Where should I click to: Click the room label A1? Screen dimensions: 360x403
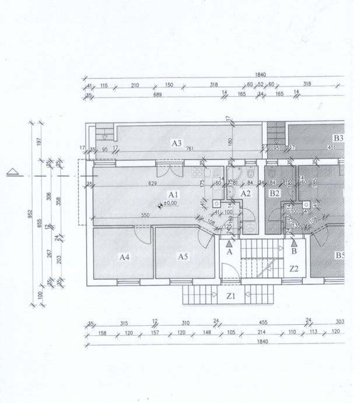coord(173,194)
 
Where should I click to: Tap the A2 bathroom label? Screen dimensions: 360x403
coord(246,193)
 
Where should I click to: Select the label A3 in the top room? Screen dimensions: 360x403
coord(177,143)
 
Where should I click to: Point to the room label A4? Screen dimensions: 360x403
coord(124,256)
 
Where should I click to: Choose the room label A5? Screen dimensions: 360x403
coord(183,256)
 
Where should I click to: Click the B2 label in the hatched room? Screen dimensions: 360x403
coord(274,193)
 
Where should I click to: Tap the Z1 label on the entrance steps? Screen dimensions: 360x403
coord(230,296)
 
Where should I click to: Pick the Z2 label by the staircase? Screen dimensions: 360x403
coord(294,269)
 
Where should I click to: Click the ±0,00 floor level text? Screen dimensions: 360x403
coord(171,204)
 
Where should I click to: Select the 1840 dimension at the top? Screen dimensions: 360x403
coord(261,75)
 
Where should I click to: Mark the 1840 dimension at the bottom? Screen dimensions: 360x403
coord(263,342)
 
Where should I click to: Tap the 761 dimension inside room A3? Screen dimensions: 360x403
coord(190,149)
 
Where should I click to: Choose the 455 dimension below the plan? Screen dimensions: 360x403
coord(263,322)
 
